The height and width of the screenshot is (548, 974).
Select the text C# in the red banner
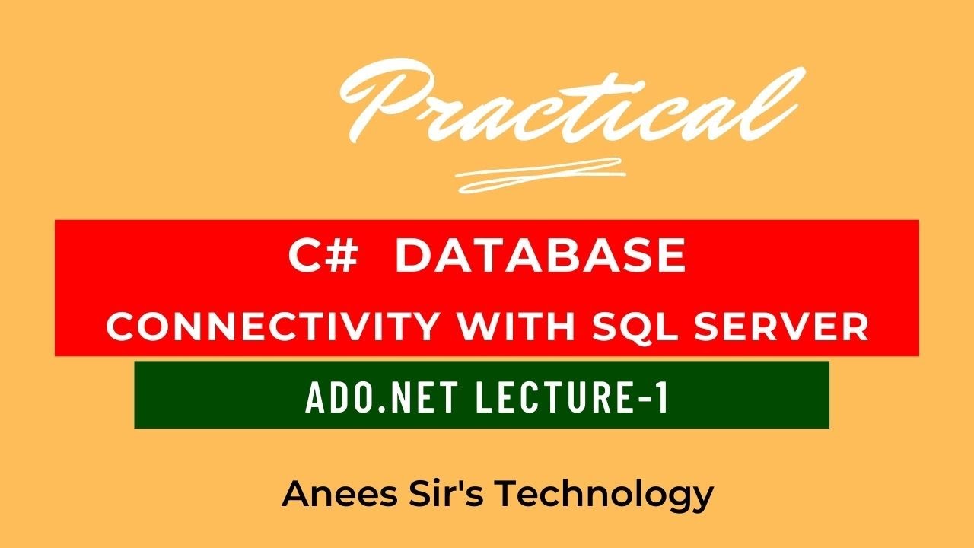click(x=323, y=257)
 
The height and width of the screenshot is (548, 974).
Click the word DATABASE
click(x=541, y=257)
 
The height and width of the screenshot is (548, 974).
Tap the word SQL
click(x=635, y=327)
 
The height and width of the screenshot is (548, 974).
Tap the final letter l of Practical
click(x=784, y=95)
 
